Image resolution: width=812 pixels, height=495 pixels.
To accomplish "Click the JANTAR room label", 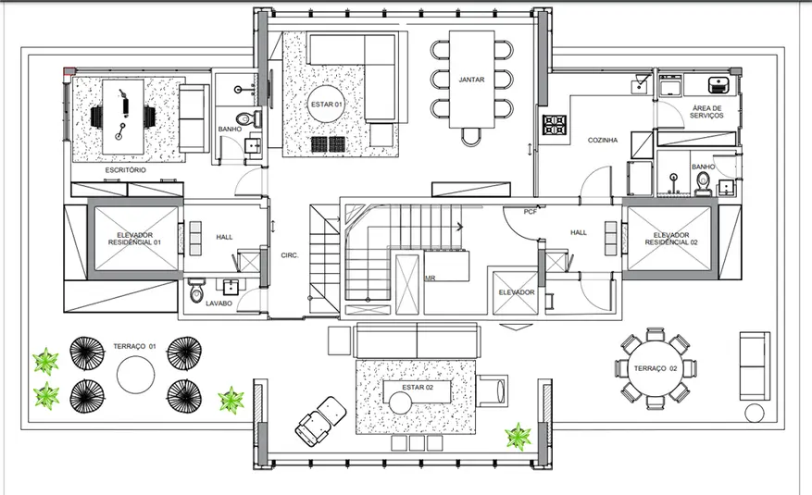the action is coord(471,80).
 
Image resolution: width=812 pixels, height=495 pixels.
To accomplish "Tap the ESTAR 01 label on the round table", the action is coord(326,105).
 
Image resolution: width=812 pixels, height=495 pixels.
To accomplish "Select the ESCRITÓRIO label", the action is coord(125,169).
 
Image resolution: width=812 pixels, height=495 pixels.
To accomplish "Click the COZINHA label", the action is coord(602,140).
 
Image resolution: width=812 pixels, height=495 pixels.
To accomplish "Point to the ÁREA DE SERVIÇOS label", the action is coord(706,112).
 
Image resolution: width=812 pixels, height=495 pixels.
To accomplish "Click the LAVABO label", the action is coord(219,303).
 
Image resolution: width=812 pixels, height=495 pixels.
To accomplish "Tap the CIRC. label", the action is coord(290,255).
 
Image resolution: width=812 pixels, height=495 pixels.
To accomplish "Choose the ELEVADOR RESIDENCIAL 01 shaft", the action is coord(134,239).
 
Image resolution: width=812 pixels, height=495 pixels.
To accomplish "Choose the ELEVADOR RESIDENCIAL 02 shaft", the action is coord(670,239).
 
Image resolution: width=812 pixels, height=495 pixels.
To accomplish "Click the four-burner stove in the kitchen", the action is coord(554,125).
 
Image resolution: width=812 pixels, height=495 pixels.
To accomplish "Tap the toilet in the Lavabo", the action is coord(196,291).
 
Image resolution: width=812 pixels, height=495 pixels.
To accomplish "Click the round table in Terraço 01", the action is coord(136,375).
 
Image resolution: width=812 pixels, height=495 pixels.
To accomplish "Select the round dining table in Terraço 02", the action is coord(656,368).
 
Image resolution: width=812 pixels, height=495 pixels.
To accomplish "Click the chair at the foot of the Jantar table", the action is coord(471,136).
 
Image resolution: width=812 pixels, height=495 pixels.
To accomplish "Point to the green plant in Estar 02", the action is coord(518,437).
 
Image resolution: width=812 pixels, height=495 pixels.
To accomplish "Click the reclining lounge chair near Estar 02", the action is coord(320,421).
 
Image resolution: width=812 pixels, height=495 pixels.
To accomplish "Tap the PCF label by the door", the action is coord(530,212).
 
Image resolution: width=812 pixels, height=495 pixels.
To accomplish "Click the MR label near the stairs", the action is coord(430,278).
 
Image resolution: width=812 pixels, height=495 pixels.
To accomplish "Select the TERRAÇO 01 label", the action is coord(134,347).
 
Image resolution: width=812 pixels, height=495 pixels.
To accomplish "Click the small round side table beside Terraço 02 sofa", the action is coord(754,414).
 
